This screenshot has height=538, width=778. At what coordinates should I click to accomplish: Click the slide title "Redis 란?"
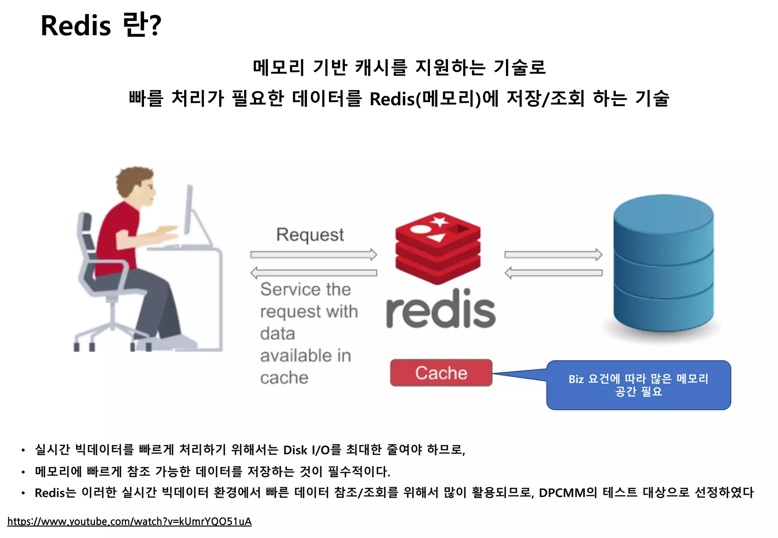coord(101,25)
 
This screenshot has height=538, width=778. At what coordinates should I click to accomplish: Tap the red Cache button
coord(441,373)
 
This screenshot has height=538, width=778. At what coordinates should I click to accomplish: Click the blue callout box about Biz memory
coord(638,385)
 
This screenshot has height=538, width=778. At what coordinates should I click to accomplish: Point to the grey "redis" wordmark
coord(441,309)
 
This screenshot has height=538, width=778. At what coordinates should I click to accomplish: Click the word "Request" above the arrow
coord(310,235)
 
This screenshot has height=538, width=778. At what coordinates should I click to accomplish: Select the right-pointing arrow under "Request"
coord(313,254)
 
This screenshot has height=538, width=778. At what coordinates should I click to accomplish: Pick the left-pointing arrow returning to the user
coord(313,273)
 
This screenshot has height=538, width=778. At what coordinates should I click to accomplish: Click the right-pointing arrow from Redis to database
coord(553,254)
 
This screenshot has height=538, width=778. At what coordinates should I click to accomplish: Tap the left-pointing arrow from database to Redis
coord(553,273)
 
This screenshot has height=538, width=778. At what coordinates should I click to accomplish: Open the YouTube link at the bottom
coord(129,522)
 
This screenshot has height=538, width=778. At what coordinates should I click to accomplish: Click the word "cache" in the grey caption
coord(284,378)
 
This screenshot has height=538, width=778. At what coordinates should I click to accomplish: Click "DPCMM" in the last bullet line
coord(562,493)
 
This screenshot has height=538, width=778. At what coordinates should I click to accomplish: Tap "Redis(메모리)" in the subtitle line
coord(425,99)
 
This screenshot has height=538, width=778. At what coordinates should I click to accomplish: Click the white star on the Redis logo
coord(440,221)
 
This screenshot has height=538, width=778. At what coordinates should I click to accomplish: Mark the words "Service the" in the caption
coord(305,289)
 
